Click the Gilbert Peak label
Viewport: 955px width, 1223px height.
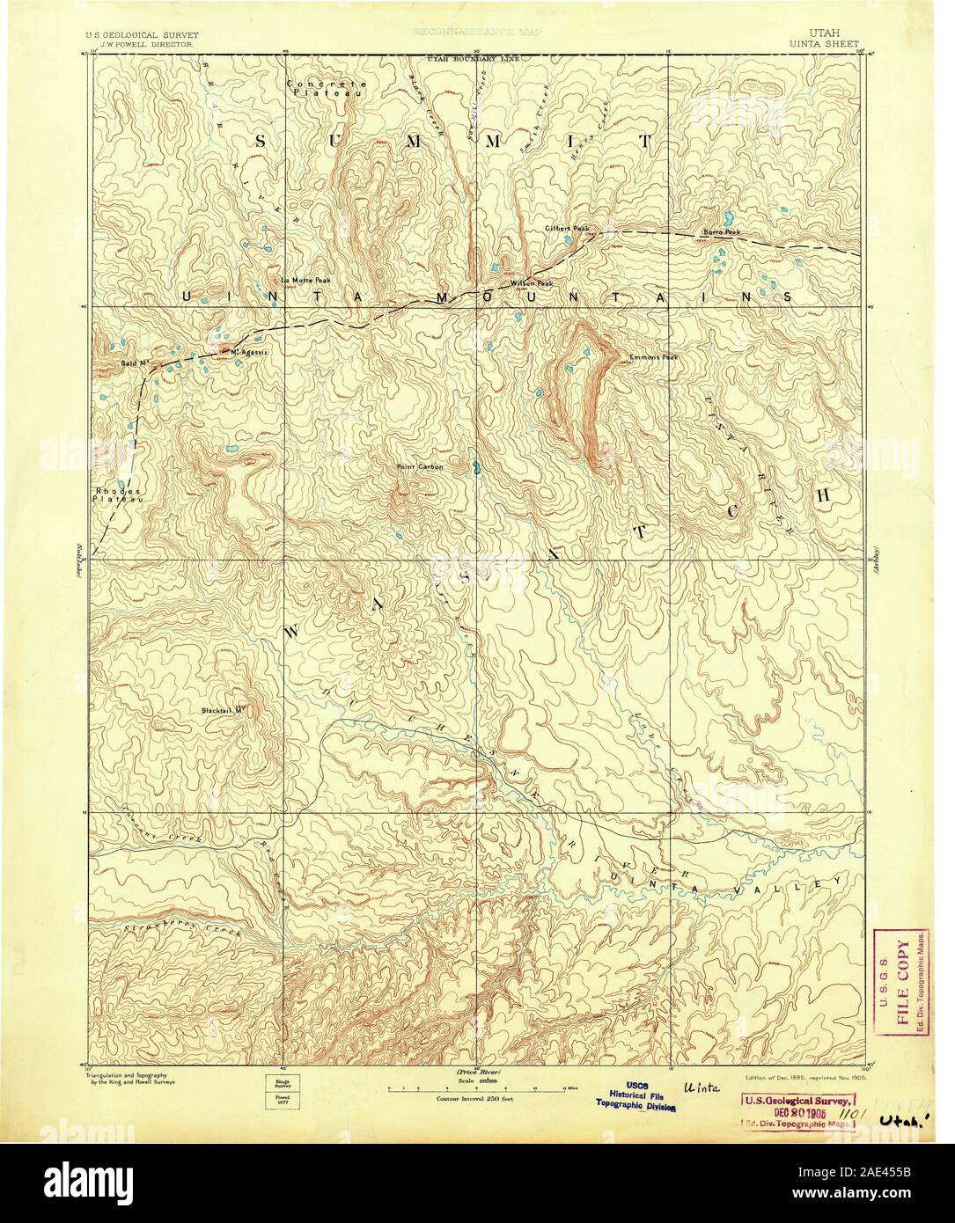566,228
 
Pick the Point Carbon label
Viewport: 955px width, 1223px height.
419,466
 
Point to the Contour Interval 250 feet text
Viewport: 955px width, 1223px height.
476,1099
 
